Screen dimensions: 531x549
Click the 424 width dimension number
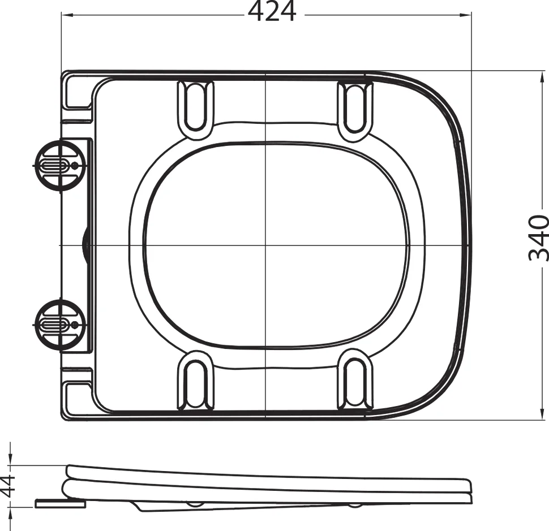tap(272, 12)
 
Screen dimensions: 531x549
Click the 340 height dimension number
tap(538, 238)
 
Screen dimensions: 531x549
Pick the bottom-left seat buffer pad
tap(196, 383)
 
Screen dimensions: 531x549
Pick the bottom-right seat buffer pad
tap(355, 383)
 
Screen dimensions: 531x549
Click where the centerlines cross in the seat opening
tap(265, 245)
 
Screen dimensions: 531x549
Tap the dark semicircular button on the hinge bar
tap(86, 245)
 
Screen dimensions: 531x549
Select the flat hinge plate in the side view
tap(59, 502)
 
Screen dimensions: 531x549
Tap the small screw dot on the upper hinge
tap(76, 165)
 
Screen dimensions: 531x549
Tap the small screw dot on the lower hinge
tap(76, 325)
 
